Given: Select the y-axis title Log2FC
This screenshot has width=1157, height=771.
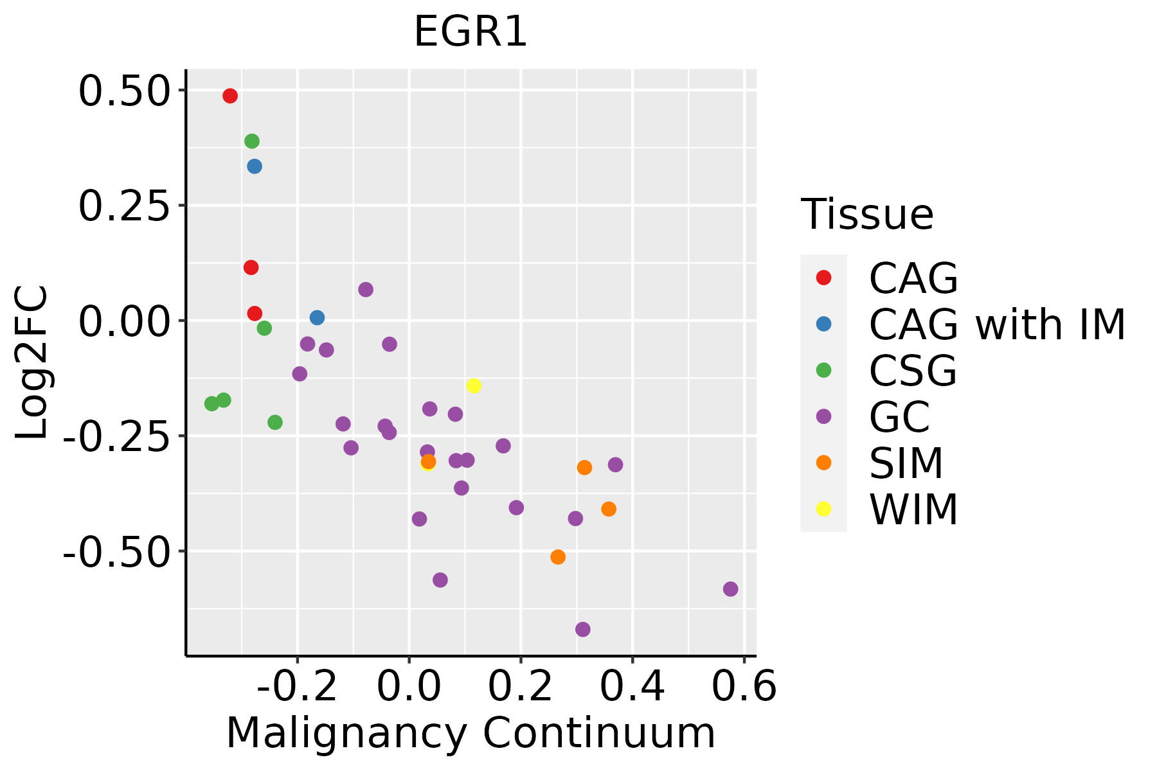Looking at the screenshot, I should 32,363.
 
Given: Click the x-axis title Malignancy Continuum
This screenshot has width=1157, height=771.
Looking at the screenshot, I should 471,734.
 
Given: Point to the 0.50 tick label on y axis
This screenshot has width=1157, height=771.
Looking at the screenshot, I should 123,91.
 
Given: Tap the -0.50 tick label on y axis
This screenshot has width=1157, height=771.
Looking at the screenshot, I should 116,552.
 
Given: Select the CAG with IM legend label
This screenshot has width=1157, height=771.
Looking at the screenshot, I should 997,324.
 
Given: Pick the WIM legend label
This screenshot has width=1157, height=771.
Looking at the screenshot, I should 913,510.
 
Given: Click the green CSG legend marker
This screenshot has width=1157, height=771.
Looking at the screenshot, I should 823,370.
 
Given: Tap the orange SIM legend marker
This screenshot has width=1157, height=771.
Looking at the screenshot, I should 823,463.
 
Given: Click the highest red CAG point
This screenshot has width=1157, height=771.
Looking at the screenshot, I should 230,96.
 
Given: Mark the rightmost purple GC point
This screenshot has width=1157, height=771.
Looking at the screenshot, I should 730,589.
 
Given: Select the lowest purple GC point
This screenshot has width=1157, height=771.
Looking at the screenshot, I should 583,629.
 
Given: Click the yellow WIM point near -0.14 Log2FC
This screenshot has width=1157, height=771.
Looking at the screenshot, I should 474,385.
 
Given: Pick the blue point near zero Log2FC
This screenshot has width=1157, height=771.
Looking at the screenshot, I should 317,317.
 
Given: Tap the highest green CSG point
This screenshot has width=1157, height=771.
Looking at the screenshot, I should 252,141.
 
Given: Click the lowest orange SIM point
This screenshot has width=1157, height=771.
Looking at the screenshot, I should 558,556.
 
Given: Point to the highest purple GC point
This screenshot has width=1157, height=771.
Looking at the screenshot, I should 366,290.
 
